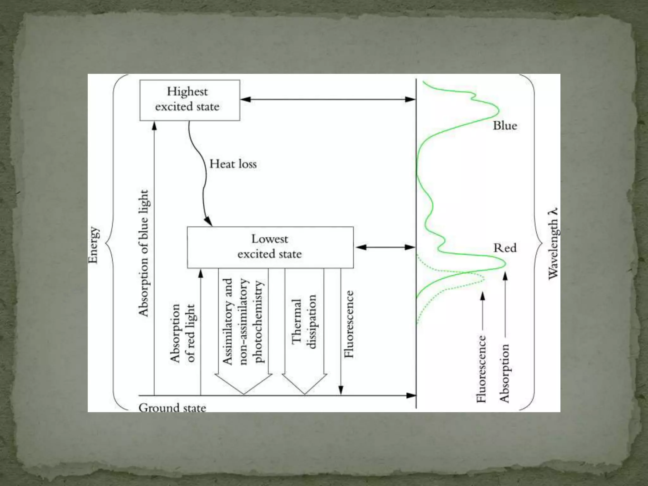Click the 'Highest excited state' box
point(190,100)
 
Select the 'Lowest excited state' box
point(270,247)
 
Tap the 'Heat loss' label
point(233,164)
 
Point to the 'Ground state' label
point(172,407)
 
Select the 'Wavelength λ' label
point(553,244)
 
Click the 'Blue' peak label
point(505,126)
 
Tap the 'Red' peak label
point(505,248)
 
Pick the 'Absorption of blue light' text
point(143,253)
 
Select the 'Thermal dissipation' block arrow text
point(304,322)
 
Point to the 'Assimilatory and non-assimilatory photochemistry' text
point(243,321)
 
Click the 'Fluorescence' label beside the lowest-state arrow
point(349,324)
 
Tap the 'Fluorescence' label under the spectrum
point(481,369)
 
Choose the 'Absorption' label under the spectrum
point(504,373)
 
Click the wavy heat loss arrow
point(200,171)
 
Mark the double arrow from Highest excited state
point(327,99)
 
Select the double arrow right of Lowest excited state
point(385,247)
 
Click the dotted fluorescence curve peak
point(483,278)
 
